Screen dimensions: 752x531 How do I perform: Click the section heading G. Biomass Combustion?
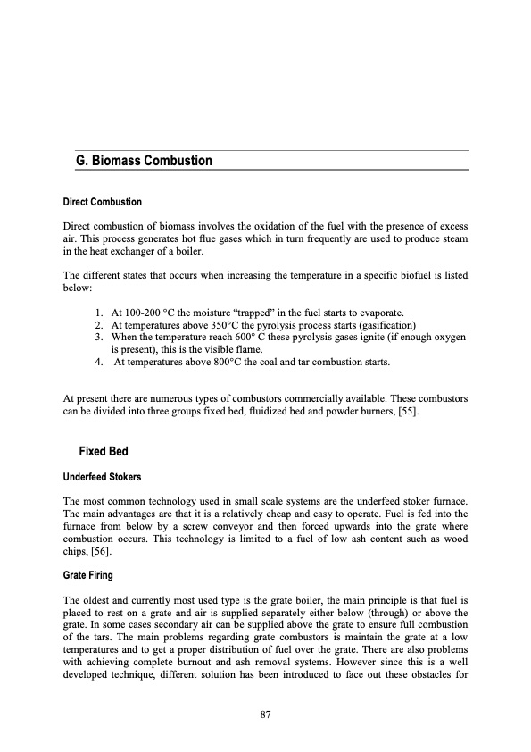click(145, 162)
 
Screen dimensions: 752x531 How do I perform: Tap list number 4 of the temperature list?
click(97, 363)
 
